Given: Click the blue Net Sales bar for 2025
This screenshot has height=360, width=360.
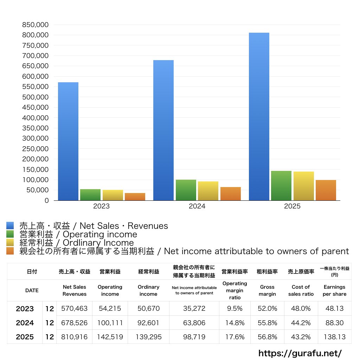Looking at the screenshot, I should click(x=259, y=116).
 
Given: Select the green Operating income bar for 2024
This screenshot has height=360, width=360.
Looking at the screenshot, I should click(x=186, y=190).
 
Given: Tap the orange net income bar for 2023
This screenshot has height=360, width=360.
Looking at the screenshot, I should click(x=135, y=197).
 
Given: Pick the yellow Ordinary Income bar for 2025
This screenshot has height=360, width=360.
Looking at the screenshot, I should click(x=304, y=186).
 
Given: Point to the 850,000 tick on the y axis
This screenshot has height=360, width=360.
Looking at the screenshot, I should click(x=35, y=25).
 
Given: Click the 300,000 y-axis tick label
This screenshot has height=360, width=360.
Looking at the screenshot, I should click(x=35, y=139).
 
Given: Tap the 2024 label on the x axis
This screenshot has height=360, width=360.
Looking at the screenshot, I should click(x=197, y=206).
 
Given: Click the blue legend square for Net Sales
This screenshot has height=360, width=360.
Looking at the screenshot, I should click(x=10, y=226).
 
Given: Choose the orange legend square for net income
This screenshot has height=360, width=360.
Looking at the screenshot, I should click(x=10, y=251).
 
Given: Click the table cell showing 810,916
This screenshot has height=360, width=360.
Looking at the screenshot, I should click(x=75, y=337).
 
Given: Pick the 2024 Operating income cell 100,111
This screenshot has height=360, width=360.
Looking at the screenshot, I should click(x=110, y=323).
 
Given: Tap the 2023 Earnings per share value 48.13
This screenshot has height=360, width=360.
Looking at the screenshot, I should click(x=334, y=309).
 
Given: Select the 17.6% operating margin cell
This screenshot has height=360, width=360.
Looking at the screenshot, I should click(x=235, y=337).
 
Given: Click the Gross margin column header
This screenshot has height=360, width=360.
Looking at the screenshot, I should click(x=267, y=290).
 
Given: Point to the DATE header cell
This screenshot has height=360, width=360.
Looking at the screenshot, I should click(x=32, y=290).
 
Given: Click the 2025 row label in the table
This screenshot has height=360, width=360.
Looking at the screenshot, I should click(x=25, y=337).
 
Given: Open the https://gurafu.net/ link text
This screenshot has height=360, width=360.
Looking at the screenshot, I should click(x=300, y=353).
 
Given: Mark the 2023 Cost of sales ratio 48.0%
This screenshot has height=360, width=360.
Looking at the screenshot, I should click(x=301, y=309).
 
